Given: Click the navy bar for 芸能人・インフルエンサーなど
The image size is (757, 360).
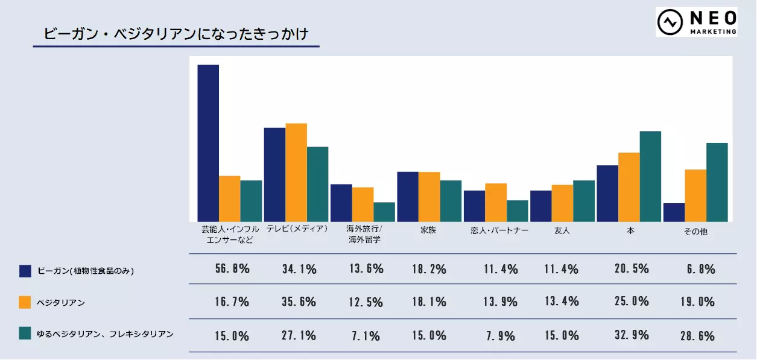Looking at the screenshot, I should pos(208,143).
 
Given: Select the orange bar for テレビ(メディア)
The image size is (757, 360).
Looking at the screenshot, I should pos(296,172).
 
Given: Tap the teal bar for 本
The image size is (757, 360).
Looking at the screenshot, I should pos(650,176).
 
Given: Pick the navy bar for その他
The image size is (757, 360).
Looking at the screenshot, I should pos(674,212).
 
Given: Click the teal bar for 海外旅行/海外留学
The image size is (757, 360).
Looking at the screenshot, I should pos(384,212).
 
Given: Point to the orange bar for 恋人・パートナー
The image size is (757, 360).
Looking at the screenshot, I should pos(496,203).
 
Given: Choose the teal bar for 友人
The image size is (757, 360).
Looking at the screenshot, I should pos(584,201).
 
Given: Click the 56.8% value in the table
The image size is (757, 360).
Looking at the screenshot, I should pos(232,269).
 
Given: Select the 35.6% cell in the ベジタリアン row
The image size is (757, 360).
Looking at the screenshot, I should pos(299,302).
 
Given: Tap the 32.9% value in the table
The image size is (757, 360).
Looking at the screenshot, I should pos(632,335).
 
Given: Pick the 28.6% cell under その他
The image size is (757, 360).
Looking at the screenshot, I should pos(698,335).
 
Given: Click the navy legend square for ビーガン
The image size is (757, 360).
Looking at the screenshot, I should pos(25,271).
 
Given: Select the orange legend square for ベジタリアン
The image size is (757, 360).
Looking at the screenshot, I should pos(25,302).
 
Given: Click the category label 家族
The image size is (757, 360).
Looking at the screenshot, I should pos(428,230).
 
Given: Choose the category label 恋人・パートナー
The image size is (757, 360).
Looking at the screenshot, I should pos(499,230).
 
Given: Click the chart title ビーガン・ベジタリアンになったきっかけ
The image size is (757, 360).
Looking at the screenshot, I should pos(176,34).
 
